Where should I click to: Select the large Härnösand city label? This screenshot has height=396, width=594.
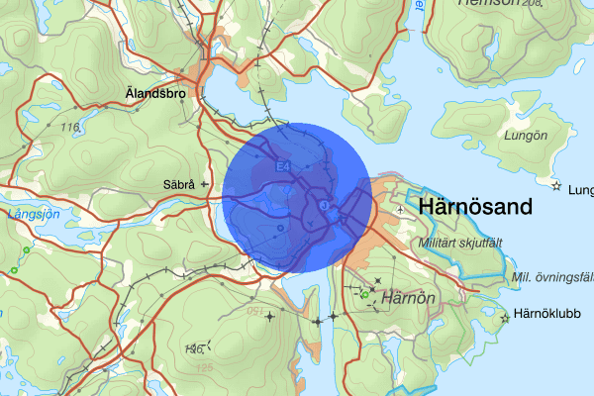476,207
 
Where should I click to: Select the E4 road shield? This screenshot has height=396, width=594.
283,166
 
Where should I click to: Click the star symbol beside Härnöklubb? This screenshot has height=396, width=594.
507,318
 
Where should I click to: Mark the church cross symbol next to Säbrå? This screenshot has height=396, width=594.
204,184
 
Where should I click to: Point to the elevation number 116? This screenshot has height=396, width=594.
68,128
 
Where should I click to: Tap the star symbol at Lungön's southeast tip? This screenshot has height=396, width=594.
556,186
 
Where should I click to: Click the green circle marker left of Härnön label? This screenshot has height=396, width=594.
365,295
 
